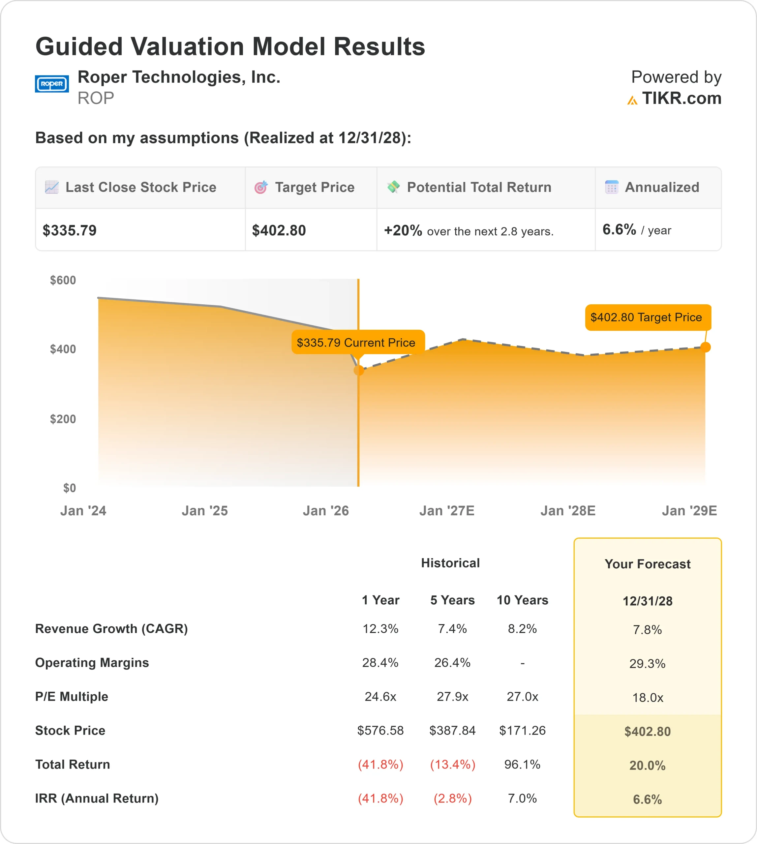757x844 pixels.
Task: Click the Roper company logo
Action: click(51, 84)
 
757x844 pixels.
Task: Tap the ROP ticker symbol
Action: click(96, 98)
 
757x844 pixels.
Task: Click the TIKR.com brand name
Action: click(681, 99)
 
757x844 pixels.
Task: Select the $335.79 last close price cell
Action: click(70, 230)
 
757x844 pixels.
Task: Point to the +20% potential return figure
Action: click(403, 230)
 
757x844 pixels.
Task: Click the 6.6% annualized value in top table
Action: click(619, 229)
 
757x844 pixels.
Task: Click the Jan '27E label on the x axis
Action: click(447, 510)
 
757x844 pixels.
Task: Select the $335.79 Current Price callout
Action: click(356, 342)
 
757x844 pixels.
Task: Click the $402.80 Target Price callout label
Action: click(646, 317)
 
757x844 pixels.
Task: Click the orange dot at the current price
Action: click(358, 370)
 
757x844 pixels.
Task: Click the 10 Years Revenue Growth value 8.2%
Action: click(522, 628)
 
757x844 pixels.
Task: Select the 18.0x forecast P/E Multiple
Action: click(647, 698)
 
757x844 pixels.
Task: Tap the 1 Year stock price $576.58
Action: click(380, 731)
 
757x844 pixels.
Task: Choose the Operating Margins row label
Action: click(92, 663)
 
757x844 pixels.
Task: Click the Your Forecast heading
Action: click(647, 564)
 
